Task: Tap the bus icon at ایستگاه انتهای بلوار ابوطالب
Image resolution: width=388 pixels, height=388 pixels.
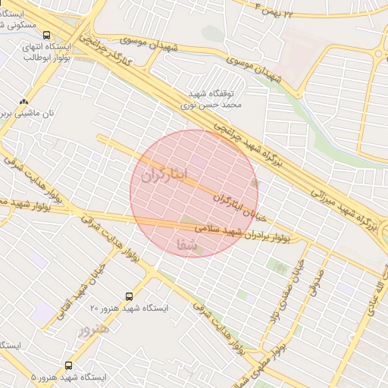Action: pos(48,35)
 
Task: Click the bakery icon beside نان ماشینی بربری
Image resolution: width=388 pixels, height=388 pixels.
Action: pos(24,101)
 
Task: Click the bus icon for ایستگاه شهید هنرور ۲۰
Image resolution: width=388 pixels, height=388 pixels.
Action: pos(128,296)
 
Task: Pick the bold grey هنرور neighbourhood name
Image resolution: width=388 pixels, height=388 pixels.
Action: pos(93,330)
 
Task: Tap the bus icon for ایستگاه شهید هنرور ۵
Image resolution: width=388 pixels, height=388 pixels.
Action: pos(69,365)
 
